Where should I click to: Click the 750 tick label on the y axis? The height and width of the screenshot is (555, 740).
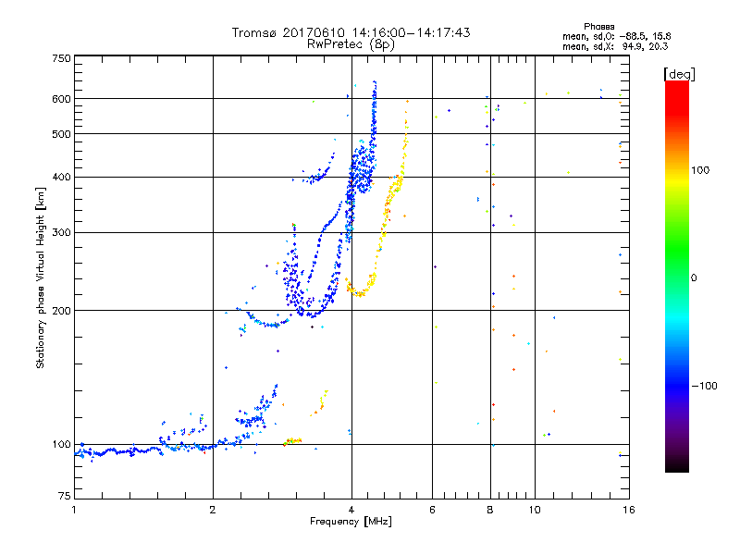point(61,58)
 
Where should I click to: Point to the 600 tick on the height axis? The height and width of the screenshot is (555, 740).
point(61,98)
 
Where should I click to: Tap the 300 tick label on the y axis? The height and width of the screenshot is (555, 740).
point(61,232)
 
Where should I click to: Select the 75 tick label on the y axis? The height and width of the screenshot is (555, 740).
point(64,496)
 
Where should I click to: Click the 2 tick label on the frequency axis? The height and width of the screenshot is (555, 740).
point(213,509)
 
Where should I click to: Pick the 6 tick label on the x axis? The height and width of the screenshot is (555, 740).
point(432,509)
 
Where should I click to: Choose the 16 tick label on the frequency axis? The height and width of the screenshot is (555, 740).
point(627,509)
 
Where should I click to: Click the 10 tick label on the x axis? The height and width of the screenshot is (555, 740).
point(534,509)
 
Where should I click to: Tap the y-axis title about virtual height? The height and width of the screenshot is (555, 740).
point(41,277)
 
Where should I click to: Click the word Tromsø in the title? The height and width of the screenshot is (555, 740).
point(253,32)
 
